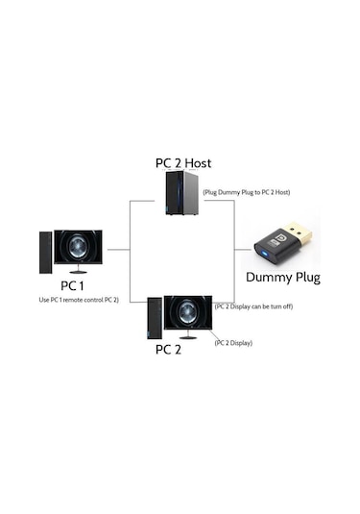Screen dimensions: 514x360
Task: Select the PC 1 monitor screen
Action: (x=78, y=247)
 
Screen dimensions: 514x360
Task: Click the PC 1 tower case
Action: (x=45, y=252)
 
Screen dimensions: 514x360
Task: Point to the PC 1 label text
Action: (x=75, y=286)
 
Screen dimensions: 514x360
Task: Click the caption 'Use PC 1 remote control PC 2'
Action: (x=79, y=300)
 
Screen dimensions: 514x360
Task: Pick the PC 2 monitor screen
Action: (x=188, y=312)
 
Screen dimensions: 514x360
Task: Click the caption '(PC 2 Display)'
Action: (x=233, y=342)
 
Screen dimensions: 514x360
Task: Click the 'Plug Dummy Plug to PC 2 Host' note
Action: (x=248, y=192)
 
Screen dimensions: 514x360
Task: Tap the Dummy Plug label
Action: (x=283, y=278)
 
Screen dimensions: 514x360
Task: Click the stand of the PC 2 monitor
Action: (x=188, y=335)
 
